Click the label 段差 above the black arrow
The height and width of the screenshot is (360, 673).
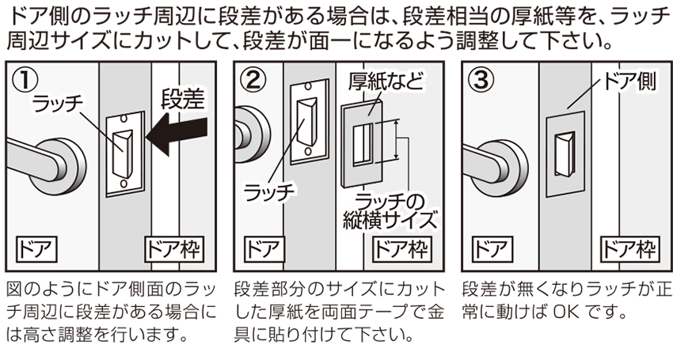pos(183,99)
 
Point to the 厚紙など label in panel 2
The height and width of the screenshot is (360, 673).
pos(385,81)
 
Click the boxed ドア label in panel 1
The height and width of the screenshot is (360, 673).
pos(38,248)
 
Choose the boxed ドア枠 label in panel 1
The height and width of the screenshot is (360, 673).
pos(179,248)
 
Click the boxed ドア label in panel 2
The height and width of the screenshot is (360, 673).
pos(265,248)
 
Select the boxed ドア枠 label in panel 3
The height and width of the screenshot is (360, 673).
pos(629,248)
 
